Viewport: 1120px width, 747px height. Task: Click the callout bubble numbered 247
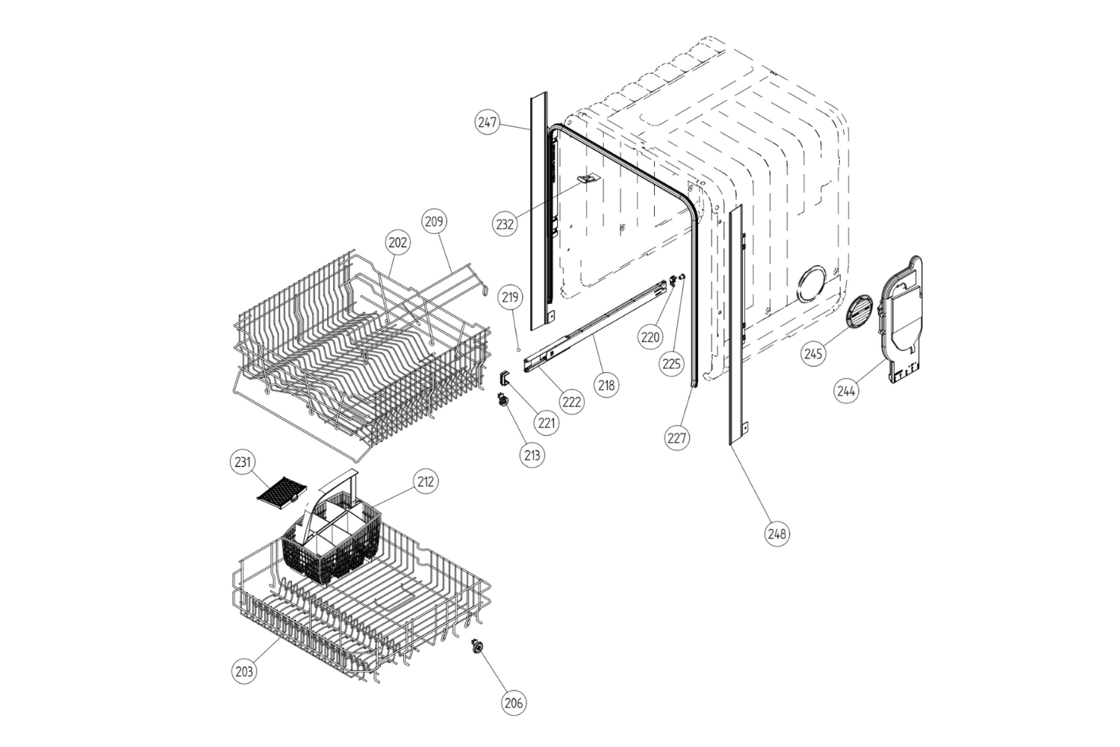coord(487,123)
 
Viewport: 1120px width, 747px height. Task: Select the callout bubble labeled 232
coord(505,223)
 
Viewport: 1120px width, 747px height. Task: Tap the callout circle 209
coord(434,221)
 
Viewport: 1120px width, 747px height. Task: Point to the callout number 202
coord(397,242)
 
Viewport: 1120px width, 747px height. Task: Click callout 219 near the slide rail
coord(510,297)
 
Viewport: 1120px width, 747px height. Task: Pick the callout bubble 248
coord(777,533)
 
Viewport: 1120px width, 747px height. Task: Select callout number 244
coord(846,391)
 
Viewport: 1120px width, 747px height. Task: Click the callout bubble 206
coord(514,702)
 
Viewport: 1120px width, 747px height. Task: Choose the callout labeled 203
coord(244,671)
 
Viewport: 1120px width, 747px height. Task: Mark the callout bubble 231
coord(243,462)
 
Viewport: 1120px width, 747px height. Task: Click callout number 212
coord(426,482)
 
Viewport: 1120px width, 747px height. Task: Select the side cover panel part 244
coord(903,321)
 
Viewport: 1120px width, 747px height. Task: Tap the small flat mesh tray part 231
coord(281,492)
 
